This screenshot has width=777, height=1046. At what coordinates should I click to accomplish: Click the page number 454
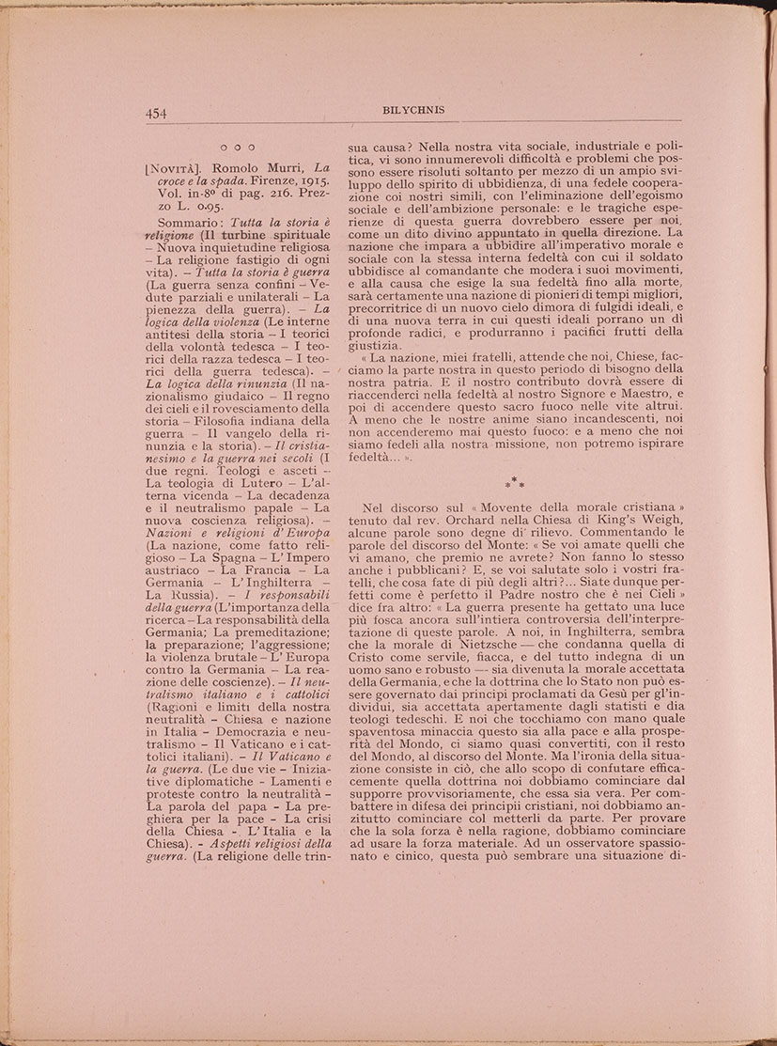(155, 114)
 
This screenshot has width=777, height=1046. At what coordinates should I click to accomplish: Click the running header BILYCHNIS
(414, 110)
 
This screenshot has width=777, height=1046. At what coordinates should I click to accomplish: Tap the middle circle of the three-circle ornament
(237, 148)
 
